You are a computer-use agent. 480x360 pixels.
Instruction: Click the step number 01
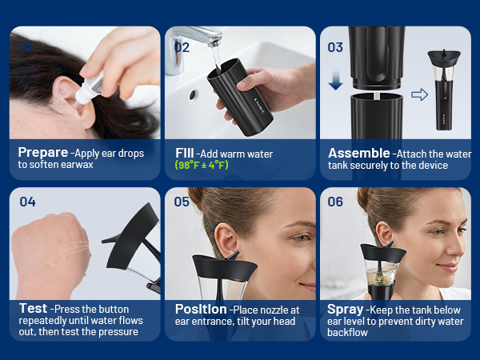(x=26, y=47)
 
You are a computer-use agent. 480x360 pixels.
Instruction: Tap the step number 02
(x=182, y=47)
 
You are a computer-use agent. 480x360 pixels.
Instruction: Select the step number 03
(x=335, y=47)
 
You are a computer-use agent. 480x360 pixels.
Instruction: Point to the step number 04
(x=27, y=202)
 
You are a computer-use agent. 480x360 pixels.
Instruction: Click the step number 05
(x=182, y=202)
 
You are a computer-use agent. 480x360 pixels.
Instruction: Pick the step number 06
(x=335, y=202)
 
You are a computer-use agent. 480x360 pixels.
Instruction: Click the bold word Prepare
(x=43, y=153)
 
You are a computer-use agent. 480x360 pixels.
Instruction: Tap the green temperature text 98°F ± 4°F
(x=202, y=166)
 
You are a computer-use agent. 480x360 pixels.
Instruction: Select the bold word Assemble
(x=359, y=153)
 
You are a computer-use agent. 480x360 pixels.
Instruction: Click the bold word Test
(x=33, y=309)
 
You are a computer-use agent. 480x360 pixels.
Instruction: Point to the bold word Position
(x=201, y=309)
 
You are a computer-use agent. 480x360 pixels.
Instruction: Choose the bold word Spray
(x=346, y=310)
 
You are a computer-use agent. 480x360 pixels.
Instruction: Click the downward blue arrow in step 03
(x=336, y=79)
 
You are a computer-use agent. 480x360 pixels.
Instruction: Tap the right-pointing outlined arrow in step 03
(x=420, y=94)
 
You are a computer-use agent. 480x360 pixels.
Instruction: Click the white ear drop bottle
(x=88, y=89)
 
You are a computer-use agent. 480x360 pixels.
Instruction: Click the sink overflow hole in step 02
(x=193, y=95)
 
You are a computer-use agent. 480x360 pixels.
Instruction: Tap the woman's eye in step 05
(x=302, y=238)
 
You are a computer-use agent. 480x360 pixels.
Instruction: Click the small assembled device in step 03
(x=444, y=90)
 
